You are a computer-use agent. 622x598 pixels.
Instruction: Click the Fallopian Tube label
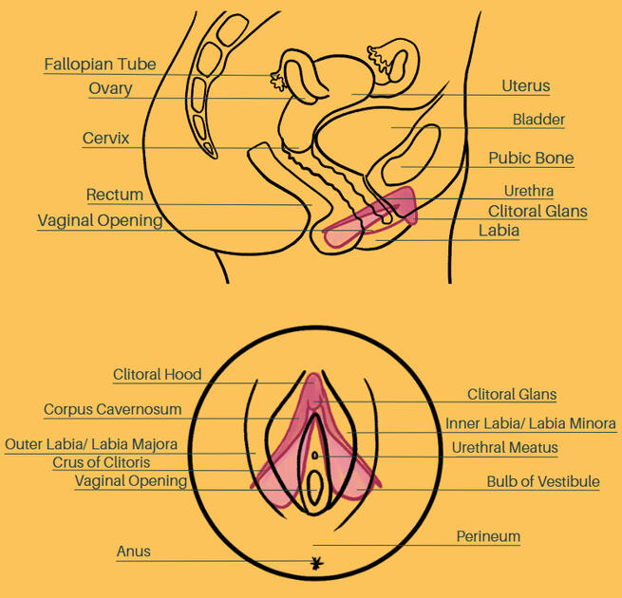pyautogui.click(x=100, y=65)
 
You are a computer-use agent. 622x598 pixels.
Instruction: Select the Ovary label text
pyautogui.click(x=110, y=88)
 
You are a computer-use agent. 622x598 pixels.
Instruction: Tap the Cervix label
pyautogui.click(x=105, y=139)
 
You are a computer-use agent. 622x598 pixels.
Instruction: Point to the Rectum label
pyautogui.click(x=114, y=195)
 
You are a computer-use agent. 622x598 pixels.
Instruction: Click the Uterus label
pyautogui.click(x=525, y=86)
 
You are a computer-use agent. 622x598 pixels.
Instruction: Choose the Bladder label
pyautogui.click(x=538, y=120)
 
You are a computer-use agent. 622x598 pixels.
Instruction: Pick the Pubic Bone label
pyautogui.click(x=531, y=158)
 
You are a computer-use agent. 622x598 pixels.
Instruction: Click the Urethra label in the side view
pyautogui.click(x=529, y=191)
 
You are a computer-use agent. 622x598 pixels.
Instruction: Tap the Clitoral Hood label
pyautogui.click(x=157, y=374)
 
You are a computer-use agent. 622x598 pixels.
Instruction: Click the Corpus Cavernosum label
pyautogui.click(x=112, y=410)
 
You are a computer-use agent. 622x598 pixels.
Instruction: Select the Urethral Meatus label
pyautogui.click(x=504, y=447)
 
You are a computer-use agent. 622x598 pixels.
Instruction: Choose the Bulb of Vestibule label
pyautogui.click(x=543, y=482)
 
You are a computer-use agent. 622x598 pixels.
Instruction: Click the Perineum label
pyautogui.click(x=488, y=536)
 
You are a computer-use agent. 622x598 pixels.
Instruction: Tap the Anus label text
pyautogui.click(x=133, y=551)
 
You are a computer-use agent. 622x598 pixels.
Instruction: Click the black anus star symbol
pyautogui.click(x=316, y=564)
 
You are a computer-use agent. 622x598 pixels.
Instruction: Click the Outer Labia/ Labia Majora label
pyautogui.click(x=91, y=444)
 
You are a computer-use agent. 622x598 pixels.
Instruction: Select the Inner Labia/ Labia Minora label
pyautogui.click(x=530, y=423)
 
